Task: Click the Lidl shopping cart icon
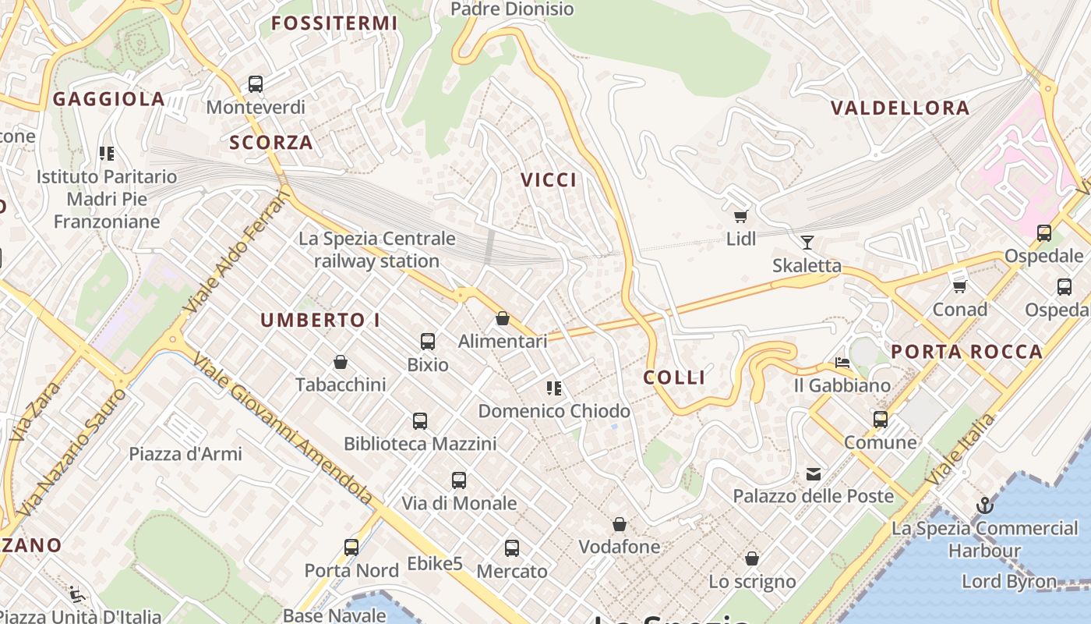(740, 216)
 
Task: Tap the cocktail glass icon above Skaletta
(807, 243)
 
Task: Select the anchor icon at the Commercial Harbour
(984, 505)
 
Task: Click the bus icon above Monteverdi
(256, 84)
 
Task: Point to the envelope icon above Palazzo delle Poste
(814, 473)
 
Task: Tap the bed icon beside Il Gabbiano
(842, 363)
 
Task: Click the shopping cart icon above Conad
(960, 286)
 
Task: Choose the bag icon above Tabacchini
(341, 362)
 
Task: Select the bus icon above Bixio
(427, 341)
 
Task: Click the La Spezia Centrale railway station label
(376, 250)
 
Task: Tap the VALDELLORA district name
(900, 108)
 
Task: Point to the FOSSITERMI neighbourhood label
(334, 23)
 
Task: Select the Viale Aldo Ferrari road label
(235, 254)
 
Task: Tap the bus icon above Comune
(881, 420)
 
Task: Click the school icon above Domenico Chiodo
(554, 388)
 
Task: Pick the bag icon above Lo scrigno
(752, 558)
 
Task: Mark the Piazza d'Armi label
(185, 453)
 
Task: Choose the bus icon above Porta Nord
(351, 548)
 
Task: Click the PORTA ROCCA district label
(966, 352)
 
